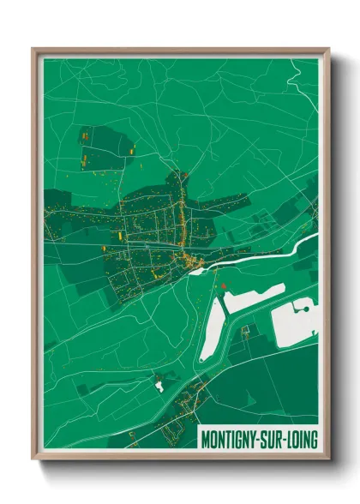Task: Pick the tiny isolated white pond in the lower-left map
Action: click(x=159, y=385)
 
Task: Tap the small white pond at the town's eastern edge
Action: click(x=196, y=271)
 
